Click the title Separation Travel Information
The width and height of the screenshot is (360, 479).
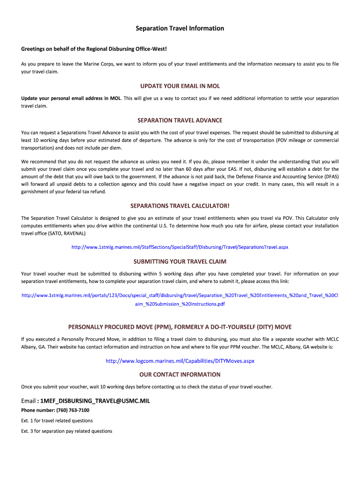click(x=180, y=29)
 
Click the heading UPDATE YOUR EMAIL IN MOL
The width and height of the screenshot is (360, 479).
click(x=180, y=86)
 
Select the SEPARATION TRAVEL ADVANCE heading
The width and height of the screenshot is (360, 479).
click(x=180, y=120)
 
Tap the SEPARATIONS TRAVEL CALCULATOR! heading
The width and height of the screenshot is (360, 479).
click(x=180, y=205)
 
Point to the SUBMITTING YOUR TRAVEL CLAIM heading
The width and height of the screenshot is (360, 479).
click(x=180, y=261)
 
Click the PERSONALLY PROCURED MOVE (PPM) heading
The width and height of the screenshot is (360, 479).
click(x=180, y=326)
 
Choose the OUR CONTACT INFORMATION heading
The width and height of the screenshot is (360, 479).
click(x=180, y=374)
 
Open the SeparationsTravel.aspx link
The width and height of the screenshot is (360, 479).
click(x=180, y=247)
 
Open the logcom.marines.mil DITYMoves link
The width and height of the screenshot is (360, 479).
click(x=180, y=361)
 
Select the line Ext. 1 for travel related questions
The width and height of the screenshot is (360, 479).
click(x=57, y=421)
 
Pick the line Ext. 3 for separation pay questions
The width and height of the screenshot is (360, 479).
click(x=66, y=431)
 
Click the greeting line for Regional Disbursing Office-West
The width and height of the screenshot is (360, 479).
click(x=94, y=49)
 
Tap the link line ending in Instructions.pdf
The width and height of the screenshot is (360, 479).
click(x=180, y=304)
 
